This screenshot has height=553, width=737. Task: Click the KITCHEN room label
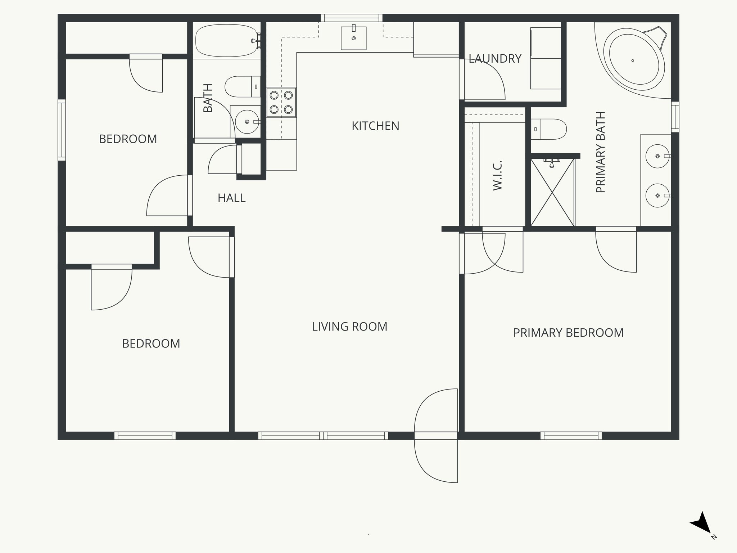click(x=375, y=126)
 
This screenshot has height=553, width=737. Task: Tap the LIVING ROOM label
click(x=349, y=327)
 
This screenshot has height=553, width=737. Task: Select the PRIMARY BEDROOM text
click(x=568, y=333)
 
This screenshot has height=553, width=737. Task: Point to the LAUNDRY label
click(x=495, y=59)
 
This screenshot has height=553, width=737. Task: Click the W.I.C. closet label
click(x=497, y=176)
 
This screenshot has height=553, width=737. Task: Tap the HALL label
click(x=231, y=198)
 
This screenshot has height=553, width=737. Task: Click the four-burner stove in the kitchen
click(x=281, y=102)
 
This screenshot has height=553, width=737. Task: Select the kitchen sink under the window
click(x=353, y=38)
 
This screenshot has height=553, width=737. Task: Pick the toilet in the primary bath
click(x=548, y=129)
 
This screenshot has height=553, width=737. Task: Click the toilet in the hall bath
click(x=242, y=86)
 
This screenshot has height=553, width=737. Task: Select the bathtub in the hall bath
click(x=227, y=41)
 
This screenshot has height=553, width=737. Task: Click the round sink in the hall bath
click(x=247, y=121)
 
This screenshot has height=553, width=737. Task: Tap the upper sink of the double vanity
click(x=657, y=156)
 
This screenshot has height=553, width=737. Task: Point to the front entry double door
click(x=436, y=436)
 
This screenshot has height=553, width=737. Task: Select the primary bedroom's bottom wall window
click(x=571, y=436)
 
